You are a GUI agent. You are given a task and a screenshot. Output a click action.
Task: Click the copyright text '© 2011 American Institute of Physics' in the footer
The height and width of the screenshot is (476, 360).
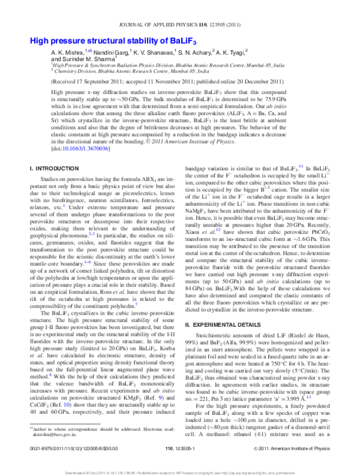tap(292, 448)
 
